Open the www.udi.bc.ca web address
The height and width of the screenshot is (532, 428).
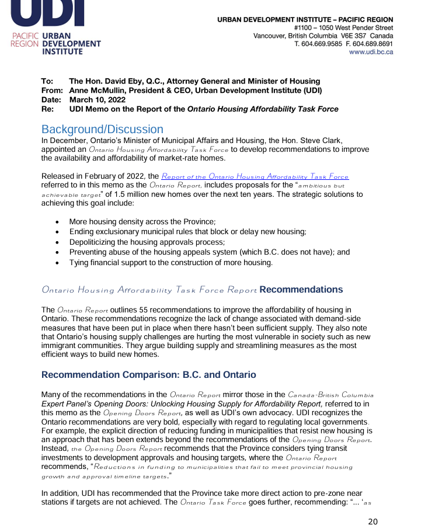(x=371, y=52)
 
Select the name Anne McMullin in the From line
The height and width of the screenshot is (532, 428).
(x=96, y=91)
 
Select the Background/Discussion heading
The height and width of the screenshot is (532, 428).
(x=102, y=129)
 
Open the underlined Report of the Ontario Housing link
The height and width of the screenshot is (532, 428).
(x=255, y=176)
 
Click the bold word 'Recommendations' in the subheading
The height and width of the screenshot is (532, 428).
(x=301, y=290)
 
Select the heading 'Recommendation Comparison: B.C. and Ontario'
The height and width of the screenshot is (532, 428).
(x=148, y=374)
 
